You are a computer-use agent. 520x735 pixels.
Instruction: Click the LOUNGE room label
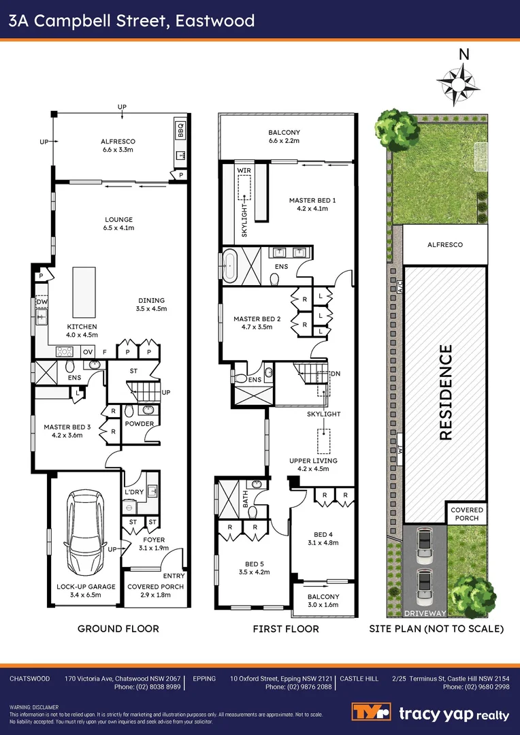point(118,220)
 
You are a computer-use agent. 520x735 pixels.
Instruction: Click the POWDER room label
point(140,424)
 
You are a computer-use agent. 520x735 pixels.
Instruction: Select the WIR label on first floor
point(244,170)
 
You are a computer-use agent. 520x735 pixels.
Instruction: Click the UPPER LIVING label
point(313,461)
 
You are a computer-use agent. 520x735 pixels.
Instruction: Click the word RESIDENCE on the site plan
point(446,393)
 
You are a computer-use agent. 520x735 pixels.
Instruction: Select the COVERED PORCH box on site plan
point(467,514)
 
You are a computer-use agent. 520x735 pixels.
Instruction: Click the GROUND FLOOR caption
point(118,628)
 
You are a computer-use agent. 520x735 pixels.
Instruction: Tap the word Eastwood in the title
point(215,20)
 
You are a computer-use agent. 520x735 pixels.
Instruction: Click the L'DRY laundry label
point(132,491)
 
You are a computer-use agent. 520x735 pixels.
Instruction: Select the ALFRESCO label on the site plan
point(445,244)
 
